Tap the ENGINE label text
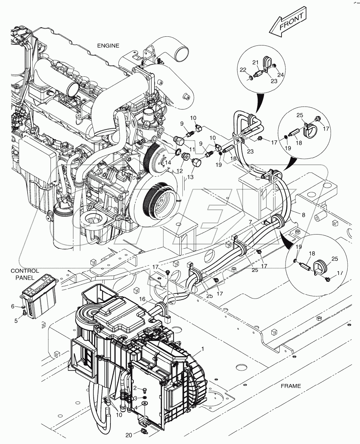click(108, 45)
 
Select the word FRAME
click(291, 386)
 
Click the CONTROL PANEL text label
click(25, 274)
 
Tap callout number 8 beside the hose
click(303, 215)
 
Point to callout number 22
click(243, 70)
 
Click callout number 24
click(282, 75)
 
